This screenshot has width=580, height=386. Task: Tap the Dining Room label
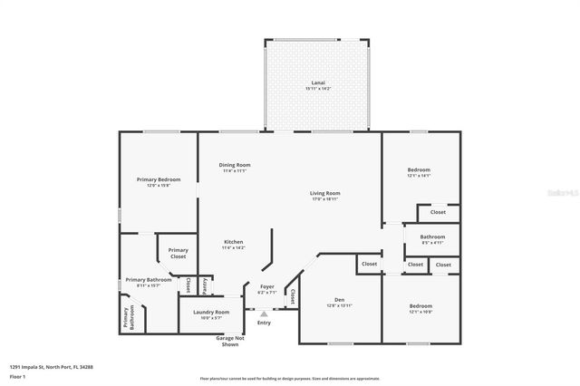pos(234,165)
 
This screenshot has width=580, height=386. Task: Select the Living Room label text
pos(324,193)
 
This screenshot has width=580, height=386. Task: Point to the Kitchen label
pos(233,242)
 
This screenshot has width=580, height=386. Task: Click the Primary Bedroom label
pos(159,180)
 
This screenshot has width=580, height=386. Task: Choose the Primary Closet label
pos(178,253)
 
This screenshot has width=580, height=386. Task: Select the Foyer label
pos(266,287)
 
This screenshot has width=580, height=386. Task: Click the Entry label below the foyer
pos(264,323)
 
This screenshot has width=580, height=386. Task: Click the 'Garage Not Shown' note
pos(227,341)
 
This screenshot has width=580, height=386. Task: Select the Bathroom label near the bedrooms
pos(430,237)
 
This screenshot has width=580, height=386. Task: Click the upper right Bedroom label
pos(418,170)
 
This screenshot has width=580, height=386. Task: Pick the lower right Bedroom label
pos(420,307)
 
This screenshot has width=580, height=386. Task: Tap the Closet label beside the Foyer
pos(293,295)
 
